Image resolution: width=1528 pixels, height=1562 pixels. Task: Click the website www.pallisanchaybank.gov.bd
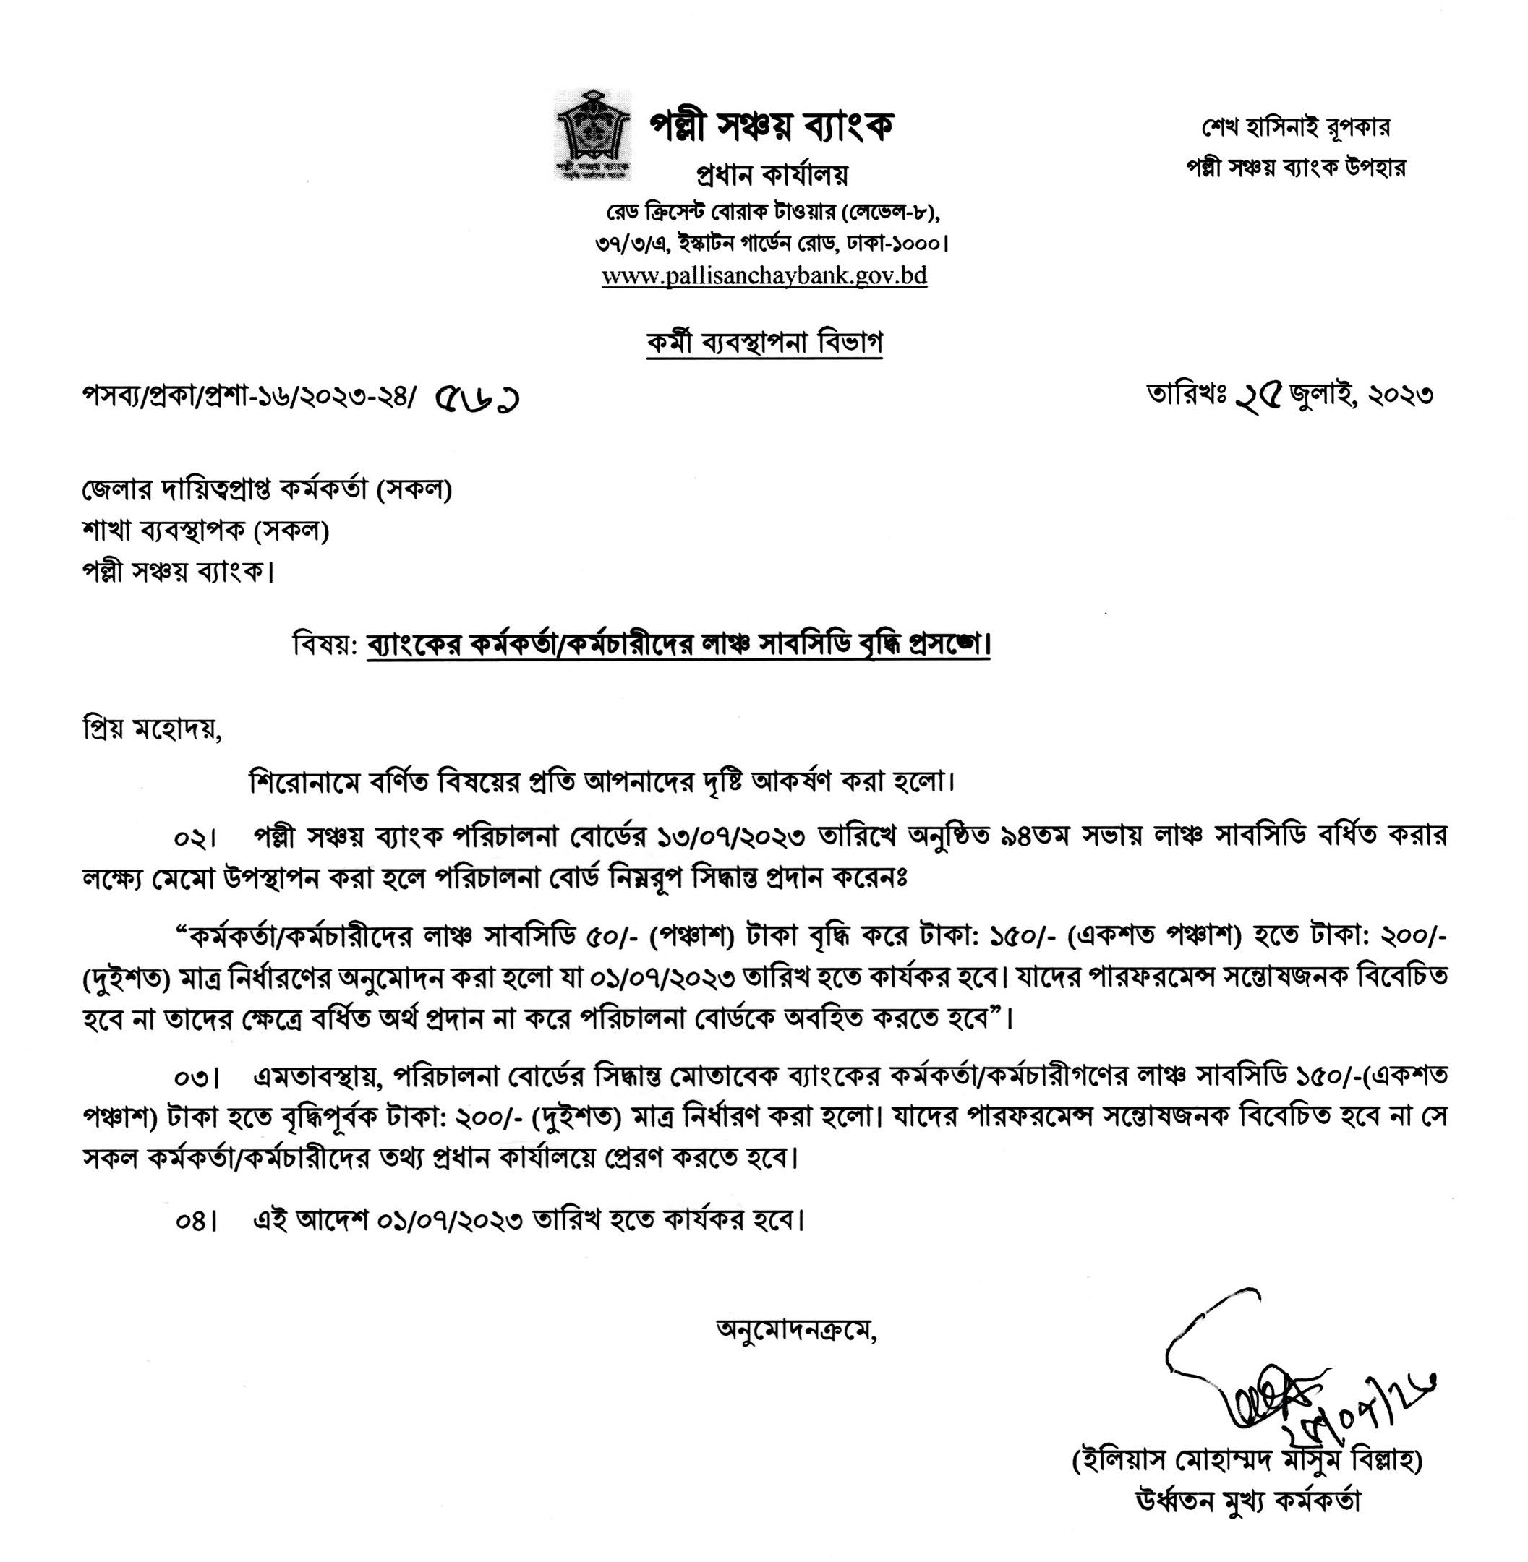pyautogui.click(x=764, y=276)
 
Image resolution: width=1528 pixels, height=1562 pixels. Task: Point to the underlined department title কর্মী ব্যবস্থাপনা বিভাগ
pyautogui.click(x=764, y=343)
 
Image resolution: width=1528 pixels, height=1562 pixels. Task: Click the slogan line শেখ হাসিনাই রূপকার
pyautogui.click(x=1295, y=127)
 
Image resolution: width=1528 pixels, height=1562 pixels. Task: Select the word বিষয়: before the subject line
pyautogui.click(x=324, y=644)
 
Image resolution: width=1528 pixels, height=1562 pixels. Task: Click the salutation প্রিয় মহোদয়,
pyautogui.click(x=152, y=731)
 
